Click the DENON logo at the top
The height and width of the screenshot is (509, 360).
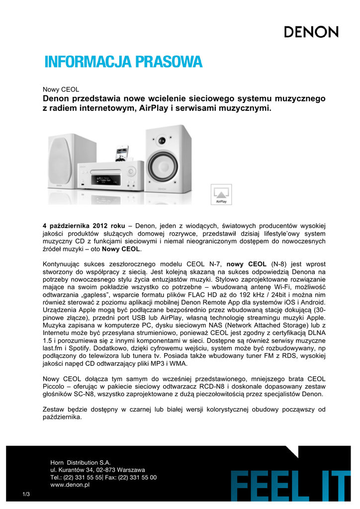coord(311,32)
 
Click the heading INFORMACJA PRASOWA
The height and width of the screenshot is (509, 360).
coord(124,63)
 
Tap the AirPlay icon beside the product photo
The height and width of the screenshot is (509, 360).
coord(219,194)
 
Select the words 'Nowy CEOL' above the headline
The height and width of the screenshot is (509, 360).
coord(61,89)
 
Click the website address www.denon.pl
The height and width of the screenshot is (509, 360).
coord(70,485)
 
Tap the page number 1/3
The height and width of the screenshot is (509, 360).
coord(26,493)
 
